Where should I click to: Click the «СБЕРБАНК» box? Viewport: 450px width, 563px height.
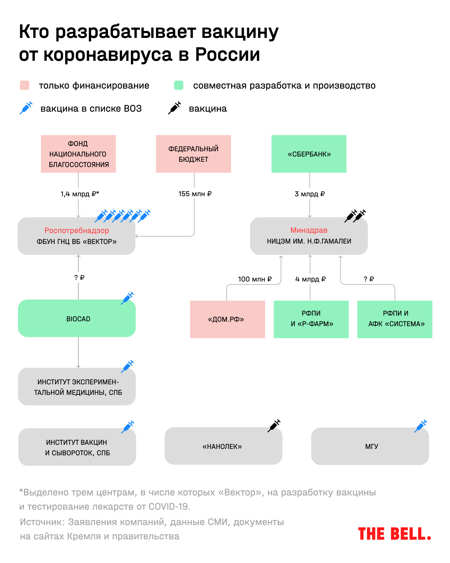click(309, 154)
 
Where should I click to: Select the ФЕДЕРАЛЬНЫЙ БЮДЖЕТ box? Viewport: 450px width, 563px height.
click(193, 154)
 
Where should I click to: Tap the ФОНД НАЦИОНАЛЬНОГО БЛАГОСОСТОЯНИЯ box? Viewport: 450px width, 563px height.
click(78, 154)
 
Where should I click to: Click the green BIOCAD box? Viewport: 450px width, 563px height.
click(77, 318)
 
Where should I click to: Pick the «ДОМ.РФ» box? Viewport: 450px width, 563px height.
click(227, 319)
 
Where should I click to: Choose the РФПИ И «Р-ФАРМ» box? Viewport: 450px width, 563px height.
click(311, 319)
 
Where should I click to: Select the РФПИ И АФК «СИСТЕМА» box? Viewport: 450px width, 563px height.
click(395, 319)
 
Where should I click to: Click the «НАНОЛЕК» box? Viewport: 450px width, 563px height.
click(223, 446)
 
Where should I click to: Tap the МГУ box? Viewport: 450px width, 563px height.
click(370, 446)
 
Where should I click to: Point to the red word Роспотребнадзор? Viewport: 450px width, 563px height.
click(76, 230)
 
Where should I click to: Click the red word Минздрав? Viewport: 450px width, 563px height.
click(309, 230)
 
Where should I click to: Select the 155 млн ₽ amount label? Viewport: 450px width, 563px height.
click(195, 194)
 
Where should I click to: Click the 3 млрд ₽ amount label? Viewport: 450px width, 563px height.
click(310, 194)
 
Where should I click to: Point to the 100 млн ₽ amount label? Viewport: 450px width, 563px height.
click(255, 279)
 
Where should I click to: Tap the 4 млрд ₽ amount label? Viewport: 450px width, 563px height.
click(310, 279)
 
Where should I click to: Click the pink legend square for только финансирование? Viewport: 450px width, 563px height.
click(25, 85)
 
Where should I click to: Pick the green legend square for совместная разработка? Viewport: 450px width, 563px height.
click(179, 85)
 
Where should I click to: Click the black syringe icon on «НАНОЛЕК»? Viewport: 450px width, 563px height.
click(274, 426)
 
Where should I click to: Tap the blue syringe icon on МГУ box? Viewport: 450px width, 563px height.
click(421, 426)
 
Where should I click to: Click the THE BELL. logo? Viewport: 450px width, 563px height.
click(394, 534)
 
